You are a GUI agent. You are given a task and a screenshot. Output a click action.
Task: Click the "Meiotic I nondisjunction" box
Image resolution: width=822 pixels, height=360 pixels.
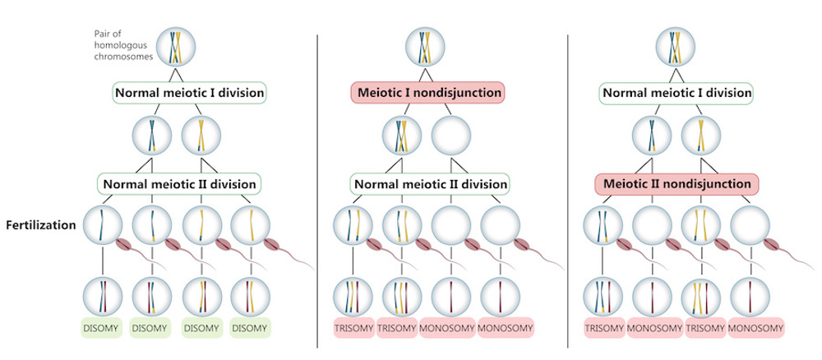(x=427, y=93)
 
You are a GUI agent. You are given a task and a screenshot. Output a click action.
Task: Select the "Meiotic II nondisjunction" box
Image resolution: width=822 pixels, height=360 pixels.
(x=675, y=182)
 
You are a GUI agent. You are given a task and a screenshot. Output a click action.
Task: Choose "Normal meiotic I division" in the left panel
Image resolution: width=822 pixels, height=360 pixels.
(x=189, y=93)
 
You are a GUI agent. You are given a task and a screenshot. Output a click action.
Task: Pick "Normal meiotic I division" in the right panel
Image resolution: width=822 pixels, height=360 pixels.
(x=675, y=93)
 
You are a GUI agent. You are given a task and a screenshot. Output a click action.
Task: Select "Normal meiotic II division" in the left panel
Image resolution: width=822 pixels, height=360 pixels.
(x=179, y=182)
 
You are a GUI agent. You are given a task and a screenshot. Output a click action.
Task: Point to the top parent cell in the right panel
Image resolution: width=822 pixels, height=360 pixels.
(x=675, y=45)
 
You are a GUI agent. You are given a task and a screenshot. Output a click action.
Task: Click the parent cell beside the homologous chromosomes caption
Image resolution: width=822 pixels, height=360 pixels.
(x=178, y=45)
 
